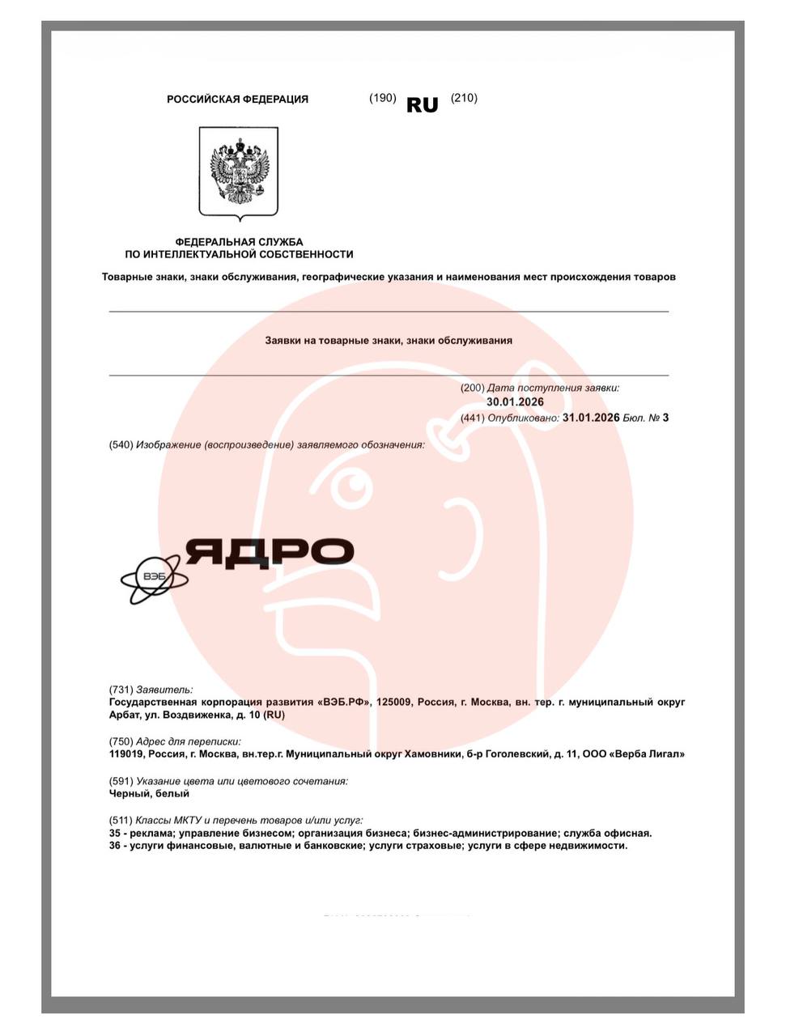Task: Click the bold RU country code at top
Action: coord(422,105)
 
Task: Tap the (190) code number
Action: coord(382,98)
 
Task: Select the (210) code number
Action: coord(464,98)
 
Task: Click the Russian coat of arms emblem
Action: coord(239,172)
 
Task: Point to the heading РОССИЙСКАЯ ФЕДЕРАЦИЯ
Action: coord(237,100)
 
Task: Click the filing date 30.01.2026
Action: coord(515,402)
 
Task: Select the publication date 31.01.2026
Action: coord(591,418)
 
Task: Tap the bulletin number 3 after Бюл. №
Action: coord(665,418)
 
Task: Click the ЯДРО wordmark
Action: coord(270,552)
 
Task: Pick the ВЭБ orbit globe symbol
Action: coord(154,578)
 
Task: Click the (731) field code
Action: coord(121,690)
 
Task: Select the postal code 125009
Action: coord(393,702)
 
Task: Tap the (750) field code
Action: coord(121,741)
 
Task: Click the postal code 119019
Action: coord(126,754)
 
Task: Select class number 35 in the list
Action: coord(115,833)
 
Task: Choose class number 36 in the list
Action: coord(115,846)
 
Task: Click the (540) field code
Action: coord(121,444)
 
